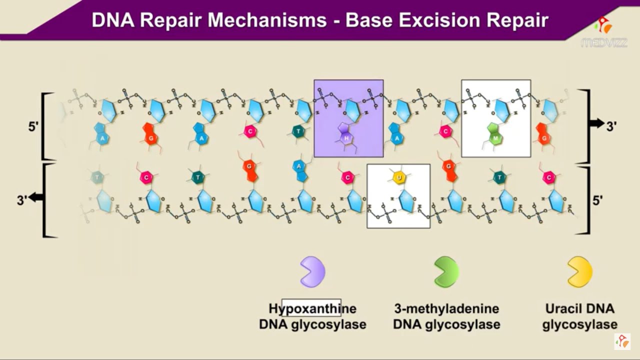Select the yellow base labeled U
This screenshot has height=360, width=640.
398,177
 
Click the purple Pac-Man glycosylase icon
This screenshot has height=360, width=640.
312,272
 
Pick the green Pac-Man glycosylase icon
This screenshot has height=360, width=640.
446,272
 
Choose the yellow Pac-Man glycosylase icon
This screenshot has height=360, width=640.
579,272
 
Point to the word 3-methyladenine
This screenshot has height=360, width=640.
446,308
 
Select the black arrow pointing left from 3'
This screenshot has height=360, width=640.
35,197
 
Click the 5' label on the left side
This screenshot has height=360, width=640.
33,126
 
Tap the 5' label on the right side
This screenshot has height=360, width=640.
597,200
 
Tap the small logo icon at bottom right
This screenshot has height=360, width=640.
622,341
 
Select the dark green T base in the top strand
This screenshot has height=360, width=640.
298,131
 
